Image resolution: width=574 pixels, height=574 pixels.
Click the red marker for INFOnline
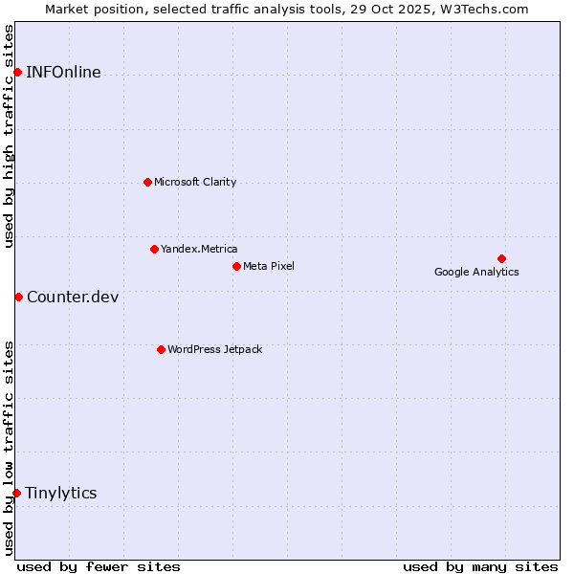(17, 72)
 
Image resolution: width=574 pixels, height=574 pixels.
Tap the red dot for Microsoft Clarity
(147, 182)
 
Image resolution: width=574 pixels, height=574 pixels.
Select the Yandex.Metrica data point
(154, 249)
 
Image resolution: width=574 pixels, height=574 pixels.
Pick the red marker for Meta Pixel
(236, 266)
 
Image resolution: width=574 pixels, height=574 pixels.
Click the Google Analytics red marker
(501, 258)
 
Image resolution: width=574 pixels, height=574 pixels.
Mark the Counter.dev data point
(18, 297)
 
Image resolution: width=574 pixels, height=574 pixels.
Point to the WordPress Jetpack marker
(161, 349)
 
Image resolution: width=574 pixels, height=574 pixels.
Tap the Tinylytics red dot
(16, 493)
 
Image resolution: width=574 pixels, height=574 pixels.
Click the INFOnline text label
(63, 73)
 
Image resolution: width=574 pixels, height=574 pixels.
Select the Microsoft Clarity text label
(195, 182)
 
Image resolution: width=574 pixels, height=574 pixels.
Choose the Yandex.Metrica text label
(199, 249)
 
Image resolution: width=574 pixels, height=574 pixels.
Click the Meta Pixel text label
(269, 266)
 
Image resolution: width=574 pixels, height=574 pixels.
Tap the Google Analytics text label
(476, 272)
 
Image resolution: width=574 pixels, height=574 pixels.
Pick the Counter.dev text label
(73, 297)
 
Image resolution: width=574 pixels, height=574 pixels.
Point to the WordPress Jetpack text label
(214, 349)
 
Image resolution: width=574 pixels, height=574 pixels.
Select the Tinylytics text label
(61, 493)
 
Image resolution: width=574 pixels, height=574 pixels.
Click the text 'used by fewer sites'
(99, 566)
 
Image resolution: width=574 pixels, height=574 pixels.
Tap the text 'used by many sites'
(480, 566)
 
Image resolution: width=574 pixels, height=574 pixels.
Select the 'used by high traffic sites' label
(10, 136)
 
